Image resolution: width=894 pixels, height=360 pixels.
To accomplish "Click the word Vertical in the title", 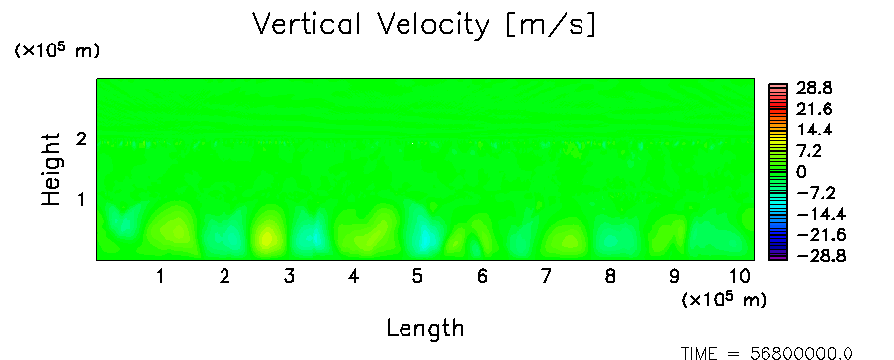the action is (x=307, y=24).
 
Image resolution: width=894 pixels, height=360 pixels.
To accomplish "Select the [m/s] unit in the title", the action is (x=551, y=26).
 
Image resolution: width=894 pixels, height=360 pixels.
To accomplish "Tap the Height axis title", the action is (x=51, y=169).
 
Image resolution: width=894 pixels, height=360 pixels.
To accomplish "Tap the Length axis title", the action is (x=425, y=328).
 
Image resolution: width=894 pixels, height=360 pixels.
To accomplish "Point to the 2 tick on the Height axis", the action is (x=81, y=138).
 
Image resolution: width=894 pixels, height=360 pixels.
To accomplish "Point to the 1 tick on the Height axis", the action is (x=81, y=200).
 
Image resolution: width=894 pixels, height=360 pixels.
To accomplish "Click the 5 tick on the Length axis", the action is (x=418, y=277).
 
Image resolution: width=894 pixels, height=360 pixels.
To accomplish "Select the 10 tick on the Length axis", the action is (x=740, y=277).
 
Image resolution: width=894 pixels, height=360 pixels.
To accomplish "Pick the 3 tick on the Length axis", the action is (x=289, y=277).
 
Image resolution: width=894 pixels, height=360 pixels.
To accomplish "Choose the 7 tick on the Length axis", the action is (x=546, y=277).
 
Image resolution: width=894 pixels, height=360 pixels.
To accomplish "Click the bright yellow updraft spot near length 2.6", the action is (x=266, y=238).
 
